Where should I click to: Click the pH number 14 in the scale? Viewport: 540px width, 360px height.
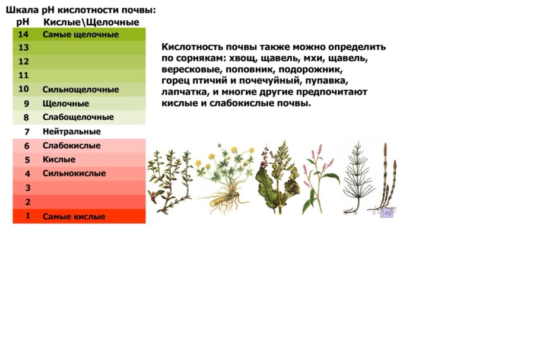coord(23,34)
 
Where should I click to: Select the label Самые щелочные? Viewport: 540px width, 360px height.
coord(81,34)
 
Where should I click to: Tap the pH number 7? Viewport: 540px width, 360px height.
coord(27,132)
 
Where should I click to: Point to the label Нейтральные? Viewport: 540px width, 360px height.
coord(72,132)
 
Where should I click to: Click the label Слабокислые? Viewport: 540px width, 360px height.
coord(72,145)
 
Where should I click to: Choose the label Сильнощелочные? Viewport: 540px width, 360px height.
coord(81,90)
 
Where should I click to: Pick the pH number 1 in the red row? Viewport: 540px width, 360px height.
coord(27,216)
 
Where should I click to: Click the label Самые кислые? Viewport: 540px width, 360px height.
coord(74,216)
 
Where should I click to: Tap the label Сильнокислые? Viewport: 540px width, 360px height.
coord(74,173)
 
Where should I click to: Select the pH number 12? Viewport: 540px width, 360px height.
coord(23,62)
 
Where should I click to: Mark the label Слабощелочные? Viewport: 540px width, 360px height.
coord(78,117)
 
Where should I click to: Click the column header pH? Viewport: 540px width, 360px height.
coord(23,22)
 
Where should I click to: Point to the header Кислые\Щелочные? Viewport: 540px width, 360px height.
coord(91,22)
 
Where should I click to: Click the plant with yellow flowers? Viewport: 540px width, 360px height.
coord(225,179)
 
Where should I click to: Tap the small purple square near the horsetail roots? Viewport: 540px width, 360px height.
coord(386,212)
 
